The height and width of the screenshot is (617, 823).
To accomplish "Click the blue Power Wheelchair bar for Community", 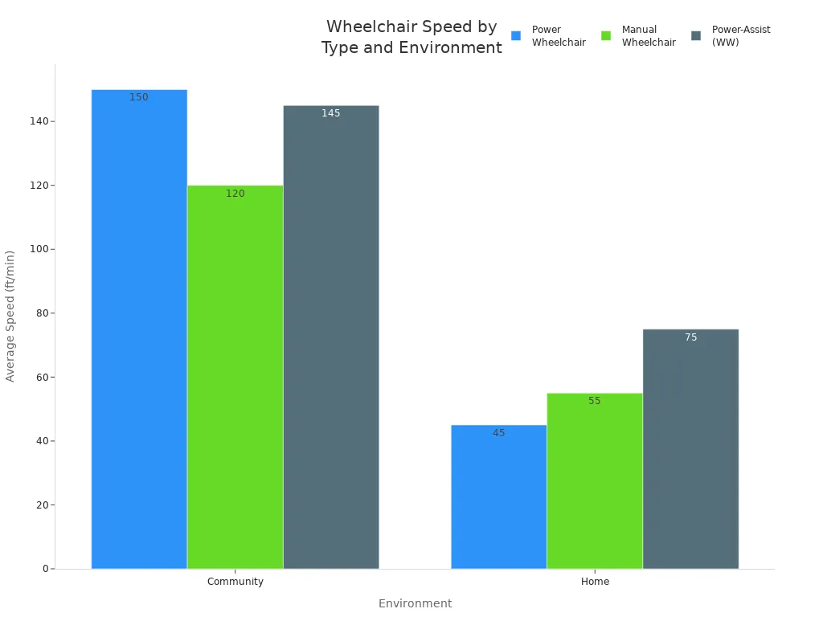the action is point(139,329).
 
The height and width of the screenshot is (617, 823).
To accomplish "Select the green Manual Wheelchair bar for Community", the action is point(235,378).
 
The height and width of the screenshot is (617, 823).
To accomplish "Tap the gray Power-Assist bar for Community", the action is point(331,337).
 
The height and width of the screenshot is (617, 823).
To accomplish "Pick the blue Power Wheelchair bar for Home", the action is point(498,496).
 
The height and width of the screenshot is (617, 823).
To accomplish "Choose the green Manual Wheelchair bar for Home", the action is point(595,481).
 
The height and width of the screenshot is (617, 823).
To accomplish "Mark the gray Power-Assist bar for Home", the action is point(690,449).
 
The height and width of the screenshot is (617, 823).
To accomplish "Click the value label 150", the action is point(139,97).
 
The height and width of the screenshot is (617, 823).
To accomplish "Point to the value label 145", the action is point(331,113).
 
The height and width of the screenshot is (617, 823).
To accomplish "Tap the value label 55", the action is point(595,401).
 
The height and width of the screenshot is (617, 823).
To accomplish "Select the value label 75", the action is point(690,337).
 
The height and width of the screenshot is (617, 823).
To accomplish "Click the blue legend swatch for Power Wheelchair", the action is point(516,35).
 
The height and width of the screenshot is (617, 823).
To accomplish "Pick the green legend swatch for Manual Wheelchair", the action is point(606,35).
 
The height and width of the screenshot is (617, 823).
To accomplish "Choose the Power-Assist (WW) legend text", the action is point(741,35).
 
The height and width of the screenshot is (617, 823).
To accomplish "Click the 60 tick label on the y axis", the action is point(43,378).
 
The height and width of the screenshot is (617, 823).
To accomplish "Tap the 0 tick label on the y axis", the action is point(46,569).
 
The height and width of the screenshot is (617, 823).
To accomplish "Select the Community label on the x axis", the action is point(235,582).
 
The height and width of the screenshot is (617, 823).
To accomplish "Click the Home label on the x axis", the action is point(596,582).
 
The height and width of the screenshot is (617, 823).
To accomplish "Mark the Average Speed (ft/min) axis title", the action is point(10,317).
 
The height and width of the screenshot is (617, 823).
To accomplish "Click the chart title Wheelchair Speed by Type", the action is point(411,37).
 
